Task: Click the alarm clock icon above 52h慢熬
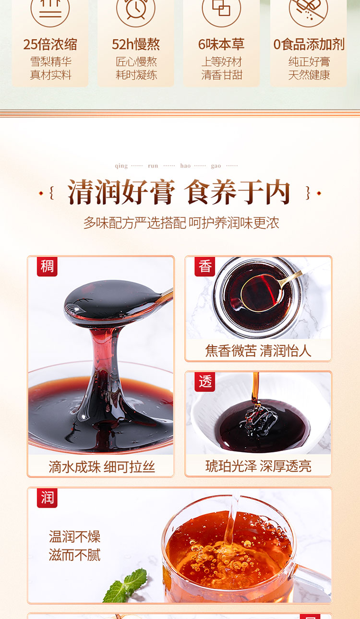135,10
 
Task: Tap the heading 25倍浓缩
50,44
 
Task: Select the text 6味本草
221,44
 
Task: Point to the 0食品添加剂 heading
309,44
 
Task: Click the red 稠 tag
47,266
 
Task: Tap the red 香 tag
204,266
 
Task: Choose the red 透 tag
204,381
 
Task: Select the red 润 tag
47,498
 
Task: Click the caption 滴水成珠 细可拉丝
101,467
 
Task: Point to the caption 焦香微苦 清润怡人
258,351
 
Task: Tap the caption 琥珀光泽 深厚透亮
258,466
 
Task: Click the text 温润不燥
75,536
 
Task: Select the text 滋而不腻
75,555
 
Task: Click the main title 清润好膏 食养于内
179,192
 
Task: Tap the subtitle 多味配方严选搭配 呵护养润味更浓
181,223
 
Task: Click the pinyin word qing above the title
121,166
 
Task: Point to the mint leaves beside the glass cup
126,585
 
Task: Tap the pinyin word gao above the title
216,166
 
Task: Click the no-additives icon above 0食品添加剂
308,10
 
